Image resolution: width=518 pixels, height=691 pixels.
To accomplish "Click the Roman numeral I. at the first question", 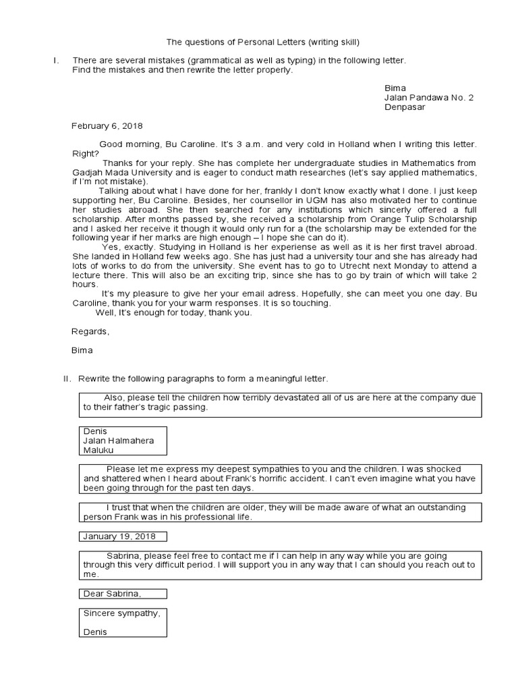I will [56, 61].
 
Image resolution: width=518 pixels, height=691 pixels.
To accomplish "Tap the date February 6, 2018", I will [107, 126].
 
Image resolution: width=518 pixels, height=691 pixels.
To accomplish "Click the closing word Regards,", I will [90, 331].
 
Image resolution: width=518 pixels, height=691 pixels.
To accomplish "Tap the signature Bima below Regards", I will [82, 350].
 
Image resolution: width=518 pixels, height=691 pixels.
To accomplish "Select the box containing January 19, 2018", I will [123, 536].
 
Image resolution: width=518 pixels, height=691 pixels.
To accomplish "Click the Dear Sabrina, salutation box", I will [123, 594].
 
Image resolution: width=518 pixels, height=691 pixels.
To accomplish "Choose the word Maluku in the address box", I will [98, 450].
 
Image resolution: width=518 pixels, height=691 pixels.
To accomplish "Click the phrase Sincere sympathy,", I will [121, 613].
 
